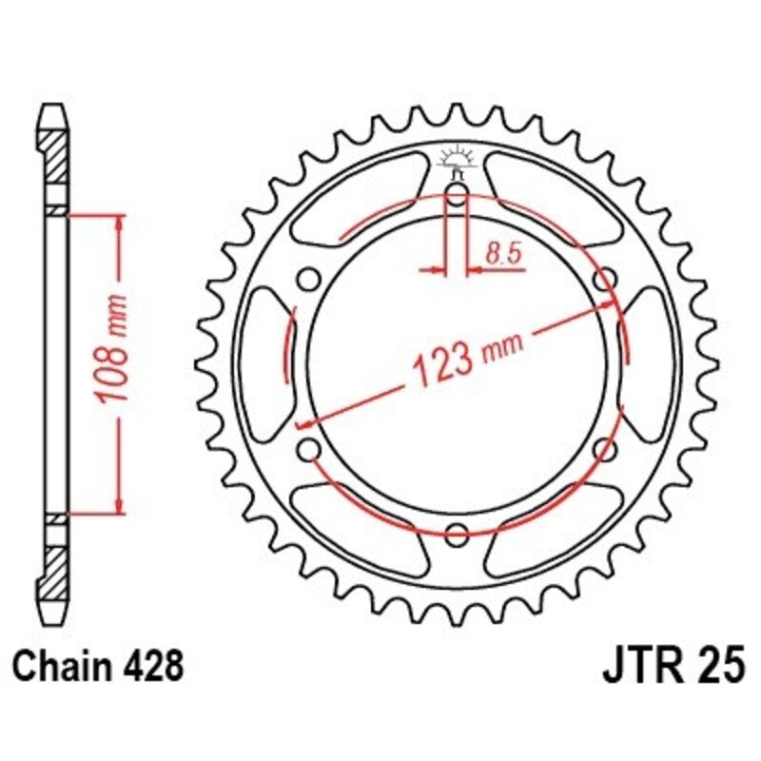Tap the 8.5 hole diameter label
501,254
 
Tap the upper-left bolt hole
307,280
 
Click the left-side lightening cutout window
263,364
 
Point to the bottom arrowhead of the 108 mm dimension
119,504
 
